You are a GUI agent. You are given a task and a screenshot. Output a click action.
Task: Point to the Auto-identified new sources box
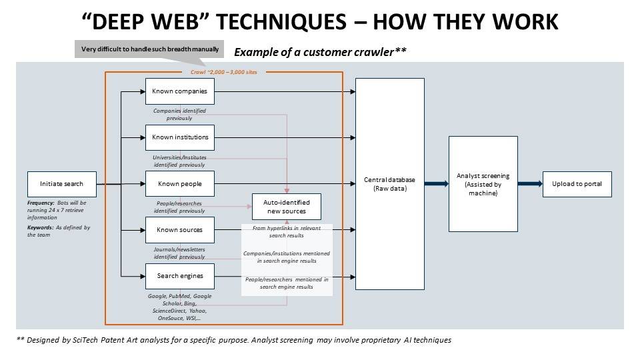(286, 207)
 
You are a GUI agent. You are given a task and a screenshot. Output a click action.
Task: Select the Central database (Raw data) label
(389, 184)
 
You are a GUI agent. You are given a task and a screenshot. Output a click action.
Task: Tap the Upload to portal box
(577, 183)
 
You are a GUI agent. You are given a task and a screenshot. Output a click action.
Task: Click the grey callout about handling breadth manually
(150, 49)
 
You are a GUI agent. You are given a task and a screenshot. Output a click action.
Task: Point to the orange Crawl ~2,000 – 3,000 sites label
(223, 71)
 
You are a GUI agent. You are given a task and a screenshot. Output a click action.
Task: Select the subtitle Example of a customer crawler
(321, 51)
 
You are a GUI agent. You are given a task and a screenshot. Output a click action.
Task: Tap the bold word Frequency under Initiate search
(41, 203)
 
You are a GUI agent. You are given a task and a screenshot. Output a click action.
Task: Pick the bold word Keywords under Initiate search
(41, 227)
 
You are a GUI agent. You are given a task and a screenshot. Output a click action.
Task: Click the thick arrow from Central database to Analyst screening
(436, 183)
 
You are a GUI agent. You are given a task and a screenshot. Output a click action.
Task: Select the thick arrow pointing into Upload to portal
(530, 183)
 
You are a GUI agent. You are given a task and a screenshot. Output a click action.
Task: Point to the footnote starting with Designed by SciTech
(233, 340)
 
